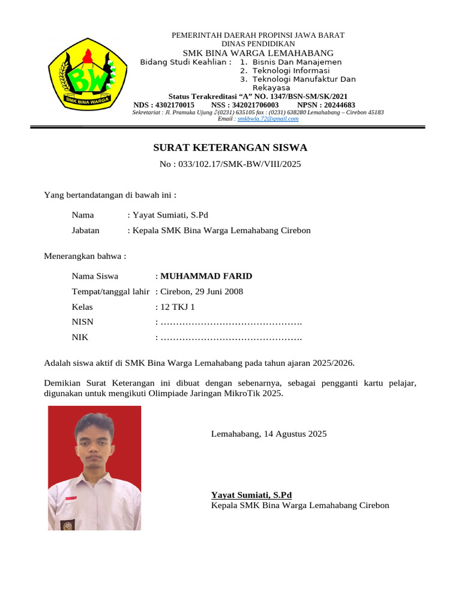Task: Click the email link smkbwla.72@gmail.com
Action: (268, 119)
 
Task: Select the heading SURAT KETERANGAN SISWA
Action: (230, 148)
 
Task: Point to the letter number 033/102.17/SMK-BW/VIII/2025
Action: (239, 164)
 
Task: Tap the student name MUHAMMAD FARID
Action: (206, 276)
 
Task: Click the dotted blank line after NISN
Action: (231, 323)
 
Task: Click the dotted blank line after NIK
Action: (231, 338)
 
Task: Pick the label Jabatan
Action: (86, 230)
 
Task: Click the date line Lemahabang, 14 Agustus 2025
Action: (269, 434)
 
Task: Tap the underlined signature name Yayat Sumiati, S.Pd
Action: (252, 495)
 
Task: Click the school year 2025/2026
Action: (333, 363)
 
